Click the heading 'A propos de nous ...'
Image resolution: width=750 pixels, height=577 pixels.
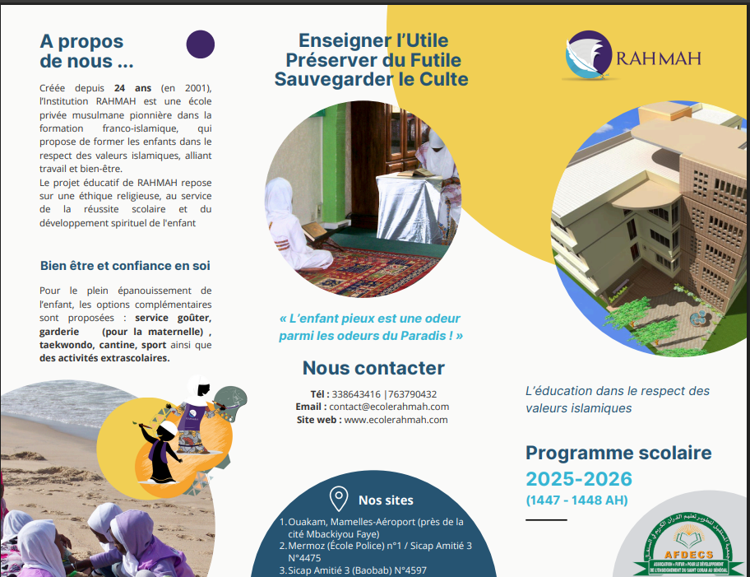[86, 51]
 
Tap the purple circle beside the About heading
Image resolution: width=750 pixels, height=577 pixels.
[201, 44]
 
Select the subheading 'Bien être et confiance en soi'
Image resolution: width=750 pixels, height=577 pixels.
[125, 266]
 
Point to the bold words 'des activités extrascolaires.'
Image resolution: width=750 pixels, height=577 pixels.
[104, 358]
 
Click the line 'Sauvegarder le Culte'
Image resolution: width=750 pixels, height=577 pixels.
[371, 79]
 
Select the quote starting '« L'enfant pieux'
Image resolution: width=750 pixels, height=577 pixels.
[371, 327]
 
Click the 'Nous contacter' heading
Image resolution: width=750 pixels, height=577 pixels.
[373, 368]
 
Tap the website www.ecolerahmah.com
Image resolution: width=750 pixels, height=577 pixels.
[396, 420]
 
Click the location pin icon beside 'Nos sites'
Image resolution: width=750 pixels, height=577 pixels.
[338, 499]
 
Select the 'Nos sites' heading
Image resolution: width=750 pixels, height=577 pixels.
[386, 500]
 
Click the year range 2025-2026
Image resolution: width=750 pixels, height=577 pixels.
[579, 479]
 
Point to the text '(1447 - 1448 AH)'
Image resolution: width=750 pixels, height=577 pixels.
[576, 500]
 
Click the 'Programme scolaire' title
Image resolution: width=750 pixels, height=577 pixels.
[618, 453]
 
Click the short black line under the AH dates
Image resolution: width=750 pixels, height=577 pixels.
[546, 520]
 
